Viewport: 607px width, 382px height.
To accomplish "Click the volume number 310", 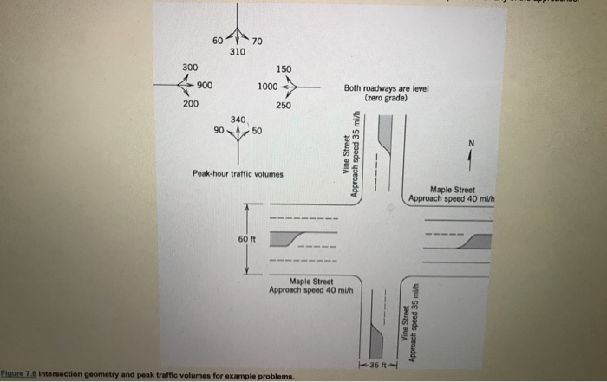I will [x=237, y=53].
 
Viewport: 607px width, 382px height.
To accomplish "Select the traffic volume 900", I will [x=206, y=85].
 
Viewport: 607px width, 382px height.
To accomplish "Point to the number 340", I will [x=238, y=120].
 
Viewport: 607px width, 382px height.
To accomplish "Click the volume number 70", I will [x=258, y=41].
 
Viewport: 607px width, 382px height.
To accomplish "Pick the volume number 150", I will [x=284, y=68].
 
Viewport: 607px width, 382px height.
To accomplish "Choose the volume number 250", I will [x=284, y=105].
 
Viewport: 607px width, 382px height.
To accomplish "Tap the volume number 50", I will [x=257, y=131].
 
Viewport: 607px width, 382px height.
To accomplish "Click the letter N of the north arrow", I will [x=472, y=144].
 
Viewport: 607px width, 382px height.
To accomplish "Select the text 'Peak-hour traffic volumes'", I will [x=238, y=173].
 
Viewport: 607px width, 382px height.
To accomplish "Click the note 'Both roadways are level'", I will [x=382, y=88].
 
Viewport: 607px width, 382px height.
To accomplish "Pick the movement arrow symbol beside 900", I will [x=184, y=85].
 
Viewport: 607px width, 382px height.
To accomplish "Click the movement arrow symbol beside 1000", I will [x=290, y=87].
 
